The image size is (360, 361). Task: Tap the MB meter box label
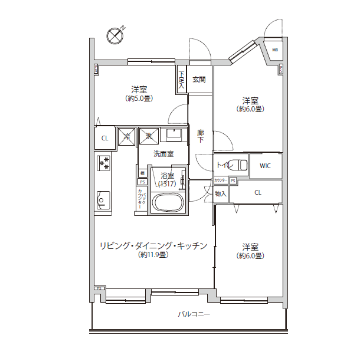[x=275, y=50]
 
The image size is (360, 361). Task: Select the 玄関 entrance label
[x=199, y=80]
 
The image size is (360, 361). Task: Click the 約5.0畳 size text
[x=139, y=99]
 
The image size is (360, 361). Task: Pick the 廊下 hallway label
[x=200, y=136]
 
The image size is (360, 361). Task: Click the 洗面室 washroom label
[x=163, y=154]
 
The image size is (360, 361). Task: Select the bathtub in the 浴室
[x=168, y=202]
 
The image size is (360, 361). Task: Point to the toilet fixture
[x=238, y=165]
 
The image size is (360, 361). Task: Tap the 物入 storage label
[x=220, y=193]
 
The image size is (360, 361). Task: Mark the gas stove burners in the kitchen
[x=104, y=162]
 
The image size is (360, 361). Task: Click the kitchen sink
[x=103, y=201]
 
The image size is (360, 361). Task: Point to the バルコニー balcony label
[x=194, y=314]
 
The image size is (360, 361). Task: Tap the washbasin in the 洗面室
[x=174, y=136]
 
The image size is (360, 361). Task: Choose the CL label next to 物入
[x=258, y=192]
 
